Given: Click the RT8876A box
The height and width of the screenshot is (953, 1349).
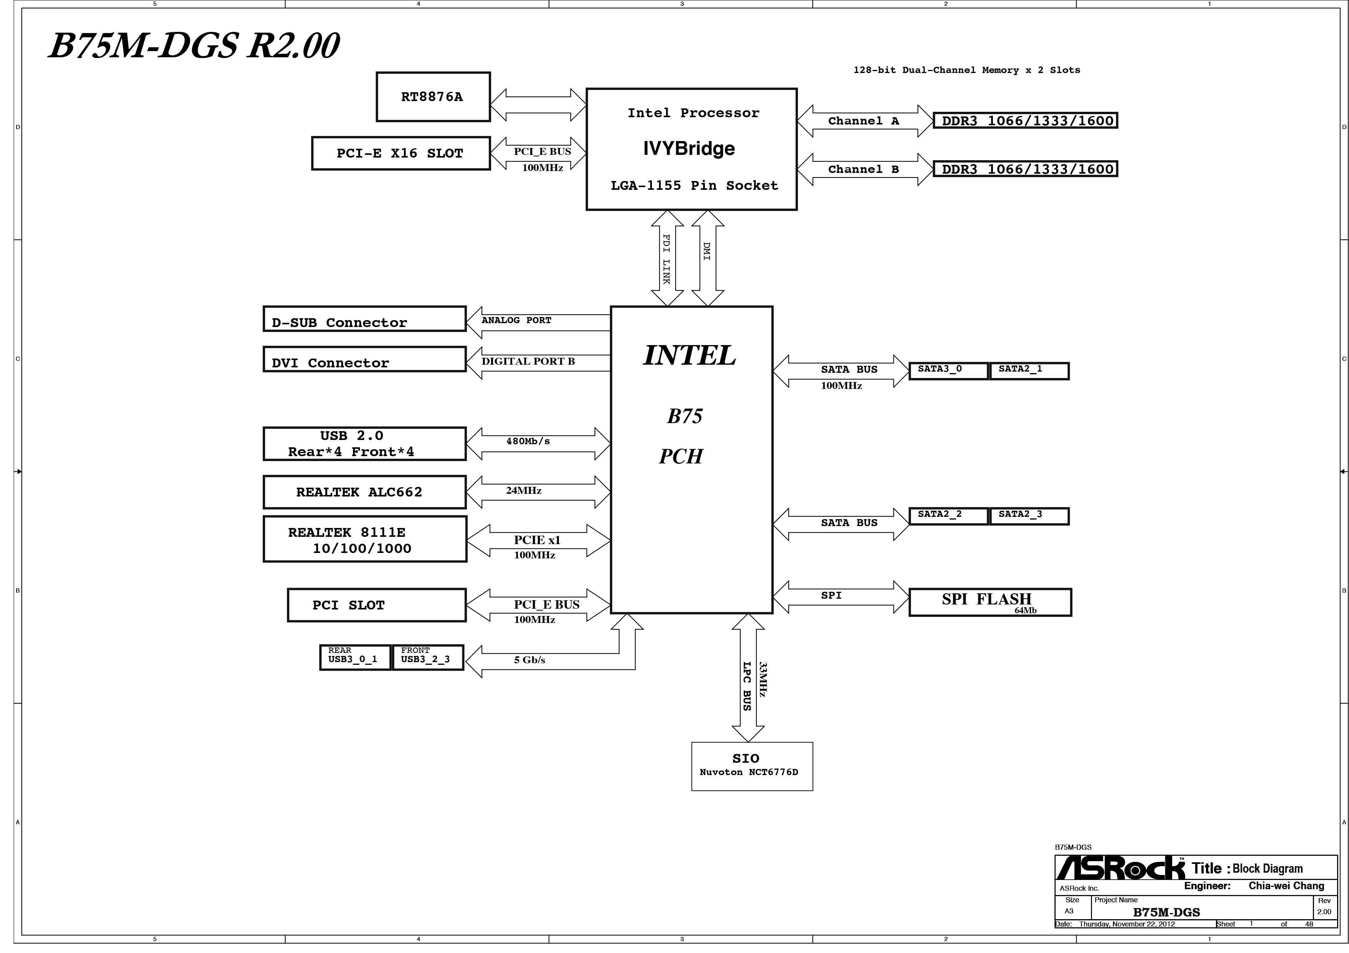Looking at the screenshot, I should click(x=433, y=97).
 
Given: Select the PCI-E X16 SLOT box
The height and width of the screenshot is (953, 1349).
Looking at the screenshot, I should click(x=401, y=153).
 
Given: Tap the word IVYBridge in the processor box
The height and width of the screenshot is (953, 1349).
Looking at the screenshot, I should click(x=689, y=149).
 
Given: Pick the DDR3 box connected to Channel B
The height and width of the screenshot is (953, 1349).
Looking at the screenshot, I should click(x=1025, y=169).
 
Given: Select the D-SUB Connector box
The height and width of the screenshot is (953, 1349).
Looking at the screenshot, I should click(x=364, y=319).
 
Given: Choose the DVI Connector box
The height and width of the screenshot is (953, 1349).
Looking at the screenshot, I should click(x=364, y=359).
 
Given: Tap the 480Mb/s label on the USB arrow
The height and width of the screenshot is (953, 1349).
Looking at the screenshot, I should click(x=528, y=442).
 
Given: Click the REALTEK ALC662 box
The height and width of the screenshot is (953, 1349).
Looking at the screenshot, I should click(x=364, y=492).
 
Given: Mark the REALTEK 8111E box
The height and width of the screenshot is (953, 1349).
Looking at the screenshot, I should click(x=364, y=540).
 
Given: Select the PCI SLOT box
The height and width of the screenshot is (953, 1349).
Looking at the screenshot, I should click(x=376, y=605).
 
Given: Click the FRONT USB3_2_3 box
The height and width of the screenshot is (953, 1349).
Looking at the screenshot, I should click(x=427, y=657).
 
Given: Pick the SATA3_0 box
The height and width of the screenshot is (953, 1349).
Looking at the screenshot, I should click(x=948, y=370).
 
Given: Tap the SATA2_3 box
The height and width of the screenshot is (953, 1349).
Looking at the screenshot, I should click(x=1029, y=516).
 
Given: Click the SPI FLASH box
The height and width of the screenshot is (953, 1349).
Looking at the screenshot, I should click(x=990, y=602).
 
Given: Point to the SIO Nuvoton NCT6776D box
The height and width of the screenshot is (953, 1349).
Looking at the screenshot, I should click(x=751, y=766).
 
